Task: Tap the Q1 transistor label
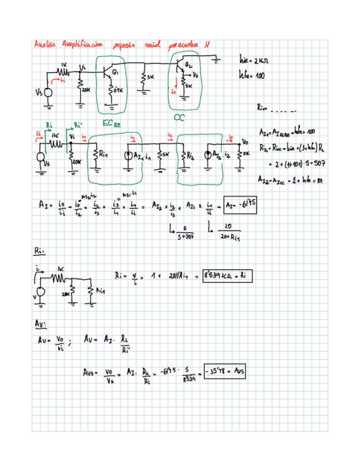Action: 116,73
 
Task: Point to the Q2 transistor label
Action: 188,66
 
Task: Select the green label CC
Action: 179,118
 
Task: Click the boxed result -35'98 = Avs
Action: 224,370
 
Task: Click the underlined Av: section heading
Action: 39,323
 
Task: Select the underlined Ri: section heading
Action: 38,252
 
